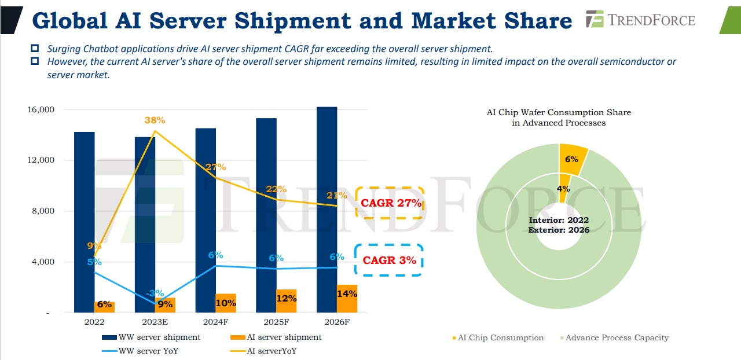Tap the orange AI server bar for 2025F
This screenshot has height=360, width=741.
286,301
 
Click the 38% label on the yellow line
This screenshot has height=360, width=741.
155,120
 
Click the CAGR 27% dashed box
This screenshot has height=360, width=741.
390,203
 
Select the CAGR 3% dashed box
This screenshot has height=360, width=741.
389,260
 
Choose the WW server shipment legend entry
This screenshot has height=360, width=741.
152,337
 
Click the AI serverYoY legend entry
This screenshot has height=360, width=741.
271,350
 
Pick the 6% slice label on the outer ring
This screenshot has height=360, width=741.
571,159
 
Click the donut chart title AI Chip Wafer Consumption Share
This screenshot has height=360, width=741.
559,112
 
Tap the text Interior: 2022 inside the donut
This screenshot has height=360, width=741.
559,220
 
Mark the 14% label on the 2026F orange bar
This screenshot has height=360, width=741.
346,293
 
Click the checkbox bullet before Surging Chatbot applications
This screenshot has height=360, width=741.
35,49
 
